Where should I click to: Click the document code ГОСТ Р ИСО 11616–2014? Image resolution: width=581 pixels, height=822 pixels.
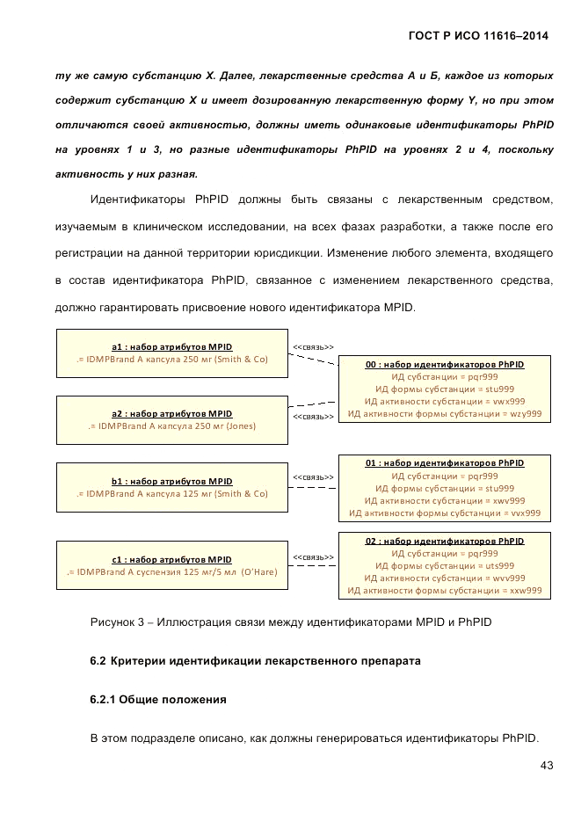(478, 36)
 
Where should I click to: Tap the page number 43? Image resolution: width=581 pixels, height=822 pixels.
(546, 766)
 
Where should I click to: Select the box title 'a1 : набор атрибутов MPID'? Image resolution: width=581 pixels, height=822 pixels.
(172, 346)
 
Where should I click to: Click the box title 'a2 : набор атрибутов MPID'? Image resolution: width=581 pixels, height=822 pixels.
(172, 413)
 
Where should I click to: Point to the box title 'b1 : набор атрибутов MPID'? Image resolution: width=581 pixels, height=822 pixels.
(172, 482)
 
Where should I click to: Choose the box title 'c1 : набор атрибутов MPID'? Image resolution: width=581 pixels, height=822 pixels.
(172, 559)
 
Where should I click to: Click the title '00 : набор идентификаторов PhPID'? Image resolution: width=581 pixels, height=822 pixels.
(445, 364)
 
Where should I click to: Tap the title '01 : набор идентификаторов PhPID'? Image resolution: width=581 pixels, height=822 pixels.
(445, 462)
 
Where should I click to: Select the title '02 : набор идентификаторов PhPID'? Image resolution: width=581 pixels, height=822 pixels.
(445, 542)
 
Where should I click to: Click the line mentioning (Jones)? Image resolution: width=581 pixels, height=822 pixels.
(172, 426)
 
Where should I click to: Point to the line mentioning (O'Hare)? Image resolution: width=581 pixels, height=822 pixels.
(172, 572)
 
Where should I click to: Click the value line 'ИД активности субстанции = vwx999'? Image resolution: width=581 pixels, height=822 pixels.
(445, 401)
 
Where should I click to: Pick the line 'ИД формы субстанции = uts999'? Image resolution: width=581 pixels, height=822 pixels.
(445, 566)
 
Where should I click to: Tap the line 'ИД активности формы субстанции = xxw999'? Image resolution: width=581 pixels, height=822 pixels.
(445, 591)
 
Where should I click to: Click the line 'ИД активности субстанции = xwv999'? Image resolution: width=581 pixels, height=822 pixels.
(445, 500)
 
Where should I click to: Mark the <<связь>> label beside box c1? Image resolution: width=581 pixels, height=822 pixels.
(313, 557)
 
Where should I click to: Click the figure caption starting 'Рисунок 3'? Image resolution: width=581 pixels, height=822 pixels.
(290, 622)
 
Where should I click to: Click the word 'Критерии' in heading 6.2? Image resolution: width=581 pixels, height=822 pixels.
(141, 660)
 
